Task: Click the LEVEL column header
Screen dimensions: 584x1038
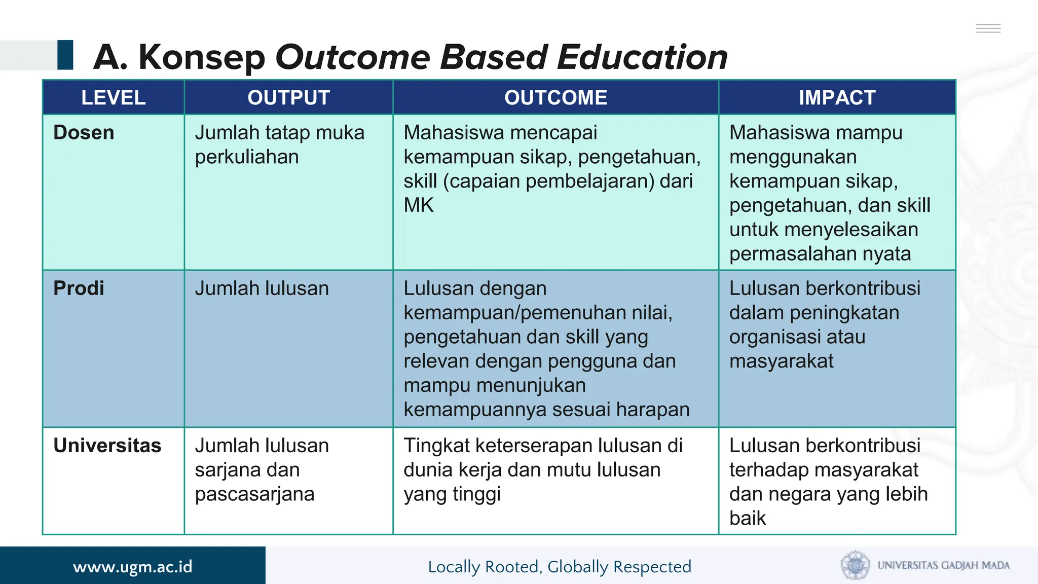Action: tap(114, 97)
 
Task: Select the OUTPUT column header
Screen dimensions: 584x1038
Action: tap(288, 97)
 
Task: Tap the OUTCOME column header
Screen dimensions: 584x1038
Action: tap(555, 97)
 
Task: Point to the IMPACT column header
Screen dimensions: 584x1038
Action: tap(837, 97)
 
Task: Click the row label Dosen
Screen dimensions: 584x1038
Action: tap(84, 133)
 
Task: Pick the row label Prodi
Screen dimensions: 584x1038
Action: tap(79, 288)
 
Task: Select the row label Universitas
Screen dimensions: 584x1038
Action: tap(107, 446)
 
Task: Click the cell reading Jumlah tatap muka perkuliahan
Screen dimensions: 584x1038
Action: tap(279, 144)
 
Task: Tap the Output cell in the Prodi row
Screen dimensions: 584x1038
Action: tap(262, 288)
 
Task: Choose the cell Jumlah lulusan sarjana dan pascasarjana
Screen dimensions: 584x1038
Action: tap(262, 469)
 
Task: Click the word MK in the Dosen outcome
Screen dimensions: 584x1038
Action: tap(419, 205)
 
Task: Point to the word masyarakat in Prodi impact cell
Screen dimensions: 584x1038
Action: tap(781, 361)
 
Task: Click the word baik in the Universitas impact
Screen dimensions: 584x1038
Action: tap(747, 518)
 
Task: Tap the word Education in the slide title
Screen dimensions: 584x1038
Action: tap(642, 57)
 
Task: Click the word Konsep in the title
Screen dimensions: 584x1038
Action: tap(202, 57)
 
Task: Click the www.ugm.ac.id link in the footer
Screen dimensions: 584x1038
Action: tap(133, 566)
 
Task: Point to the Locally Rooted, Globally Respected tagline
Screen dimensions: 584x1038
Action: tap(560, 566)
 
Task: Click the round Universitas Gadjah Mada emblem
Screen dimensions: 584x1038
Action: tap(855, 565)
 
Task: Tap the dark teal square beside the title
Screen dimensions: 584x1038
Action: tap(65, 55)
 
